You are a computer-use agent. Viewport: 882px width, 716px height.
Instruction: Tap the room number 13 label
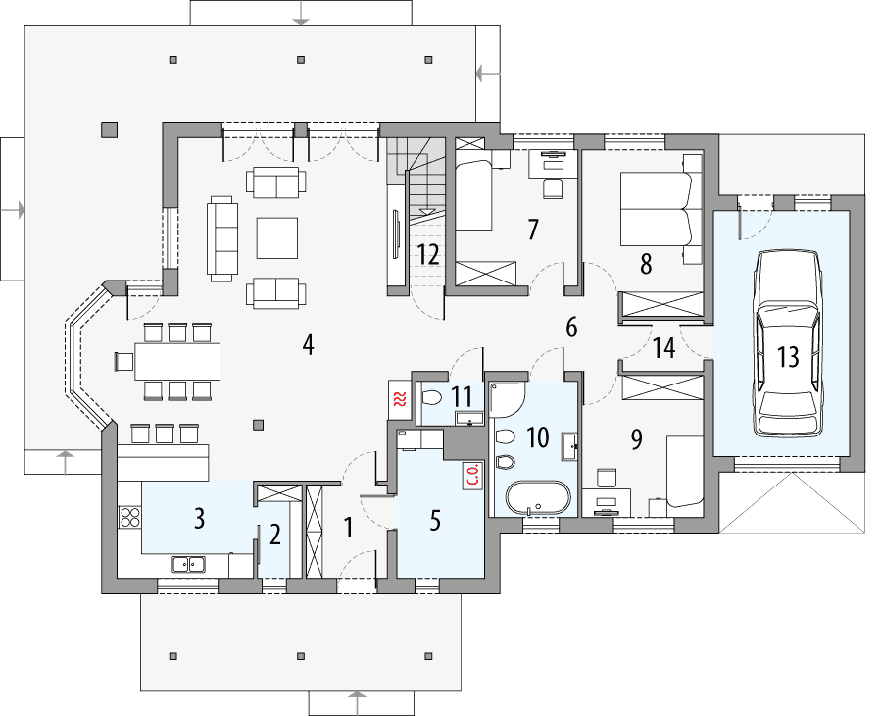(788, 358)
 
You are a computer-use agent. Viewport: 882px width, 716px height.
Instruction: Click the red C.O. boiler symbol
(471, 477)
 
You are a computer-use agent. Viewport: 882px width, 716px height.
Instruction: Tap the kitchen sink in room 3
(188, 563)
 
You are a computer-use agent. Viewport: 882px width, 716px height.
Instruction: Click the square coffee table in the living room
(277, 236)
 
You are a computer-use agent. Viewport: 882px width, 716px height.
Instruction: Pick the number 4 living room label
(308, 345)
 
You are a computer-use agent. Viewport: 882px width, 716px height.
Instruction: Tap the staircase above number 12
(416, 177)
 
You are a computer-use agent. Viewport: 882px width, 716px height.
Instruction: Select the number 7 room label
(533, 230)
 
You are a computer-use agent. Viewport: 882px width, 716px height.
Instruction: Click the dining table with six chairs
(177, 361)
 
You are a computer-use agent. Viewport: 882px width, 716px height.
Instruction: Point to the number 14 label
(664, 348)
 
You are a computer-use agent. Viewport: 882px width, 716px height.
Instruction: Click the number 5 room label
(435, 521)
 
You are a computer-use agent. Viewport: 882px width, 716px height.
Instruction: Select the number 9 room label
(636, 439)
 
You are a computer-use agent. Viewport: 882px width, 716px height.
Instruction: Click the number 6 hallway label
(571, 328)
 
